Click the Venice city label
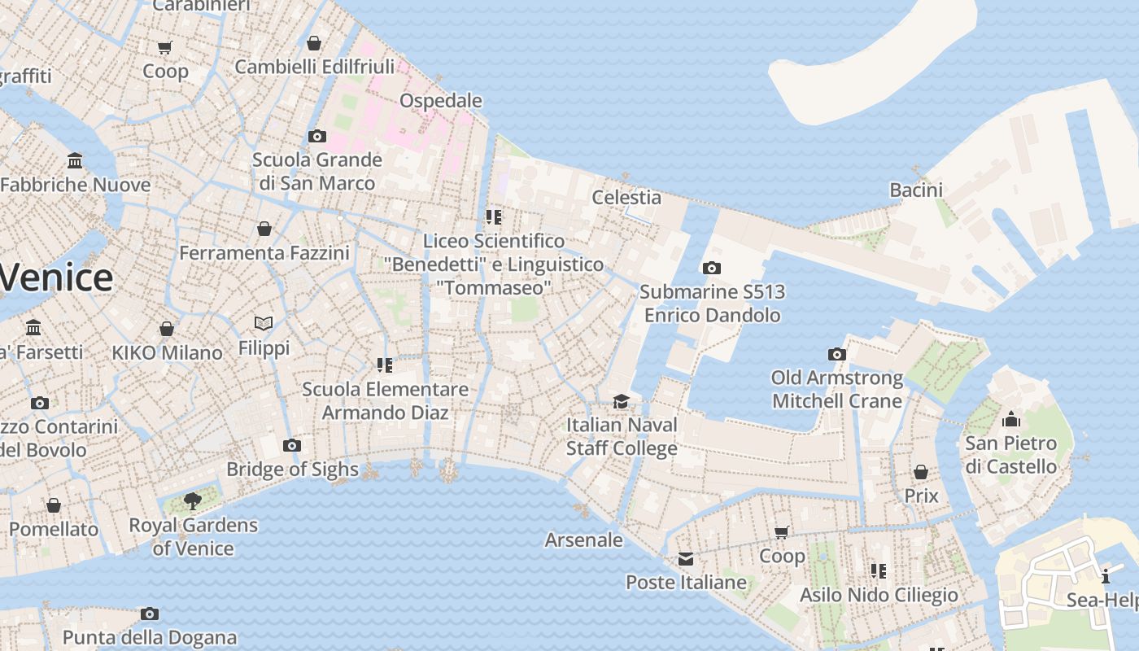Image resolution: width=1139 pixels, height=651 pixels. pyautogui.click(x=55, y=277)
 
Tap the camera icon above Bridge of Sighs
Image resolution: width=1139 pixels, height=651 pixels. pyautogui.click(x=292, y=445)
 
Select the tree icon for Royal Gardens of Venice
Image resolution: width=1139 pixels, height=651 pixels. pyautogui.click(x=192, y=500)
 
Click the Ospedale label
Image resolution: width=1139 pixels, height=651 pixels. pyautogui.click(x=440, y=101)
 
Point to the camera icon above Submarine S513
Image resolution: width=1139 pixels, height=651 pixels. pyautogui.click(x=711, y=268)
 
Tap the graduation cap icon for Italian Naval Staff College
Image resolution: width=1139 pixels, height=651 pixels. pyautogui.click(x=622, y=401)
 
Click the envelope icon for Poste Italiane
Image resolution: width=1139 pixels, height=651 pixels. pyautogui.click(x=686, y=558)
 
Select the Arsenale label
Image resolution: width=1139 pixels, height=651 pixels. pyautogui.click(x=583, y=540)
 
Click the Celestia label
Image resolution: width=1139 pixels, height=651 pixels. pyautogui.click(x=626, y=197)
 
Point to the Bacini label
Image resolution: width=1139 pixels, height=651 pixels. pyautogui.click(x=915, y=190)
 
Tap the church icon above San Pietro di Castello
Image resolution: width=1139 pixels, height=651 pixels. pyautogui.click(x=1011, y=419)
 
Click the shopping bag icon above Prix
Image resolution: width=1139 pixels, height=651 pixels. pyautogui.click(x=921, y=472)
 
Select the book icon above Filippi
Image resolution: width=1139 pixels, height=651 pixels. pyautogui.click(x=263, y=324)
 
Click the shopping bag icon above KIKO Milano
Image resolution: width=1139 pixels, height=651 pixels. pyautogui.click(x=167, y=329)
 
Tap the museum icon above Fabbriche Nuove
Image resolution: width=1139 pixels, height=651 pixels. pyautogui.click(x=75, y=160)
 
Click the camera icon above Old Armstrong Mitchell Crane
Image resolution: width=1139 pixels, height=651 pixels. pyautogui.click(x=836, y=354)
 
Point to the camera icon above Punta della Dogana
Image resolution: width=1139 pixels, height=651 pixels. pyautogui.click(x=149, y=614)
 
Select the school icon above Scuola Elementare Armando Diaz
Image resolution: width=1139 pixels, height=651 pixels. pyautogui.click(x=385, y=365)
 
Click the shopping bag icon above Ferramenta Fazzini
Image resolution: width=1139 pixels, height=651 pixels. pyautogui.click(x=264, y=229)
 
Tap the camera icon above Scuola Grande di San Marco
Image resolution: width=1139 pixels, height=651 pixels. pyautogui.click(x=316, y=136)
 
